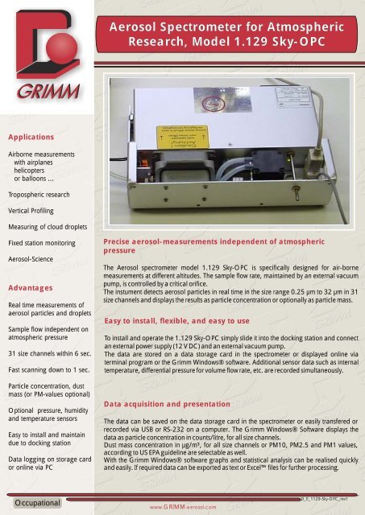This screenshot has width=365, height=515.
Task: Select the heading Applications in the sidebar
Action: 31,137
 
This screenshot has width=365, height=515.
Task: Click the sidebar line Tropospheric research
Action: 40,195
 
